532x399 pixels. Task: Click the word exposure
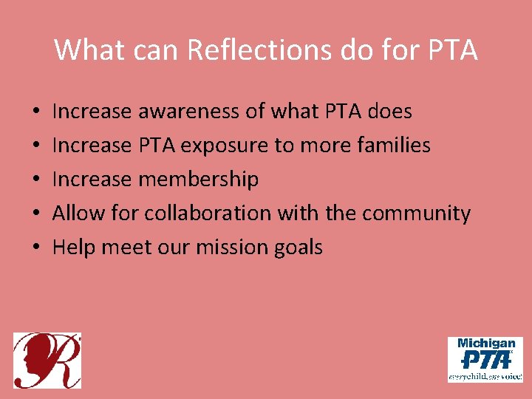click(225, 146)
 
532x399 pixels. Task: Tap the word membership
click(208, 180)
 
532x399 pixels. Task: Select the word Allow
click(78, 214)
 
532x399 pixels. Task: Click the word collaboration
click(208, 214)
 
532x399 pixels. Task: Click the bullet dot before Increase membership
click(36, 180)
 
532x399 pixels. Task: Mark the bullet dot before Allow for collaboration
click(36, 214)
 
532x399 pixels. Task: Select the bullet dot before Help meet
click(36, 248)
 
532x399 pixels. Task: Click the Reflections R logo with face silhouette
click(47, 361)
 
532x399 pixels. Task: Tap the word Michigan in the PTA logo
click(485, 344)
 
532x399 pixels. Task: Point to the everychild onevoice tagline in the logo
click(485, 376)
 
